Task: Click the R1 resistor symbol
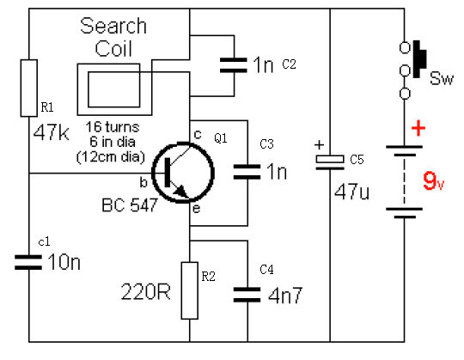pos(29,88)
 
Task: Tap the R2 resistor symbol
pos(189,290)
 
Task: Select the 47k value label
pos(52,132)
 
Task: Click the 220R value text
pos(145,291)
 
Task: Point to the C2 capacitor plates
pos(234,65)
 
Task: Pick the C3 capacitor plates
pos(247,172)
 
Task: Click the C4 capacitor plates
pos(247,295)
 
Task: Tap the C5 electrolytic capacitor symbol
pos(330,162)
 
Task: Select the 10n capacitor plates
pos(28,262)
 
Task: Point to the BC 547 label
pos(129,205)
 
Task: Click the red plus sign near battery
pos(418,128)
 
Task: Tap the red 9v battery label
pos(434,180)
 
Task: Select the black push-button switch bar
pos(419,59)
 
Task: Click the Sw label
pos(442,78)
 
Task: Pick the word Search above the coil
pos(113,26)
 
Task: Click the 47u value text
pos(351,192)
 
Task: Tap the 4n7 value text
pos(285,296)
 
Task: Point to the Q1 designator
pos(221,138)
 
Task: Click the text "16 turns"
pos(113,127)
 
